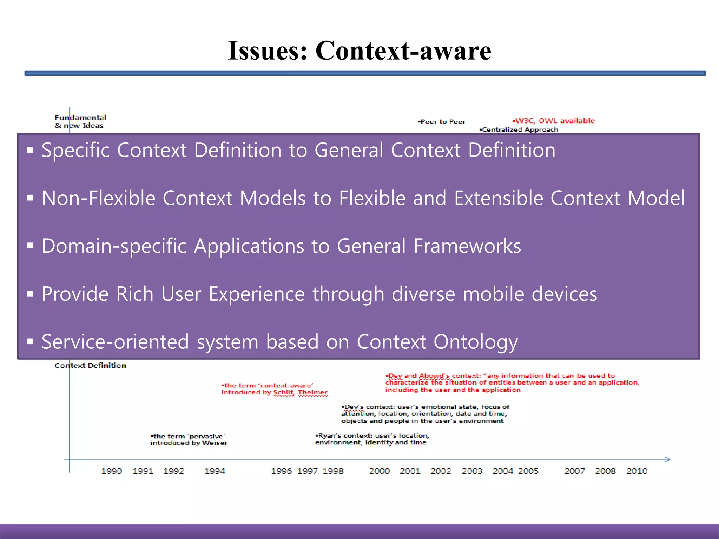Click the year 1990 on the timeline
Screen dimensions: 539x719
click(112, 471)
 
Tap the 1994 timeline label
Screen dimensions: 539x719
click(215, 471)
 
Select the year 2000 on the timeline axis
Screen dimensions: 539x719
click(380, 471)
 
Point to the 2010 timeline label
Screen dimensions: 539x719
click(637, 471)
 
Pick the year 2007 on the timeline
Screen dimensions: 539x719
click(575, 471)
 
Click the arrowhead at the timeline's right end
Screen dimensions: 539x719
click(668, 459)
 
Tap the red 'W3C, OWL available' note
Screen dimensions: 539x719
click(554, 121)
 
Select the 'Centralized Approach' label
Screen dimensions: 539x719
click(519, 129)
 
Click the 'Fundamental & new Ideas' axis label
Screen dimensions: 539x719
click(80, 121)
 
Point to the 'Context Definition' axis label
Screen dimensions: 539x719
click(90, 366)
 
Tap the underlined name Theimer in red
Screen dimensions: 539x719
click(313, 392)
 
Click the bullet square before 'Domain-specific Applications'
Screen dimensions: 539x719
click(30, 246)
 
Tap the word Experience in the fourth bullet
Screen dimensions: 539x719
click(257, 294)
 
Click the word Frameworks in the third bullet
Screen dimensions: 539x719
click(467, 246)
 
